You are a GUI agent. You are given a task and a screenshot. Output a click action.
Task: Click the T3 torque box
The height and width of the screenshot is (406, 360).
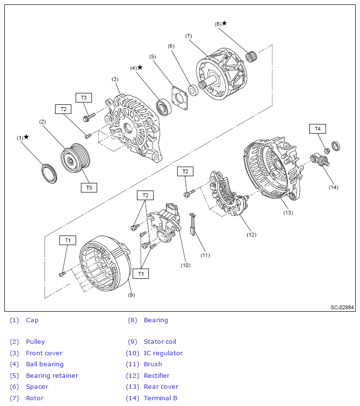83,98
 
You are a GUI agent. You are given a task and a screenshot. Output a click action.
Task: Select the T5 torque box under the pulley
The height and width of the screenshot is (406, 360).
89,188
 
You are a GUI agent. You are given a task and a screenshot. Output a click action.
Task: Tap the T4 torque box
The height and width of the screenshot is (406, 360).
317,128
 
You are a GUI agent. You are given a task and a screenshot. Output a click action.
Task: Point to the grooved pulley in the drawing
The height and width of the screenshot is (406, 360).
75,158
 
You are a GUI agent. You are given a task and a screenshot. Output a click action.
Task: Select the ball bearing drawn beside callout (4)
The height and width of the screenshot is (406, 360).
164,107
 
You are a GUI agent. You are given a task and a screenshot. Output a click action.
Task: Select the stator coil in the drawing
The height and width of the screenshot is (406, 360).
105,263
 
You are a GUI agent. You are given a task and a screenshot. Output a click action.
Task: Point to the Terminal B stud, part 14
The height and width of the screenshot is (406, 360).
320,160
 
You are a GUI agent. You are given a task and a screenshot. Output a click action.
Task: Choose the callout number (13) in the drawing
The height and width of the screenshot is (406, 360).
287,212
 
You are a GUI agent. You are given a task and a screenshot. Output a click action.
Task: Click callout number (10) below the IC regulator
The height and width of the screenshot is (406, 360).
185,265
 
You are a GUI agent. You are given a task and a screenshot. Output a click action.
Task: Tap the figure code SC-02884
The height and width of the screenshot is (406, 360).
342,307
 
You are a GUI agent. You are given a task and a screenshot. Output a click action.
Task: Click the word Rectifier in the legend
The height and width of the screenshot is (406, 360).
157,375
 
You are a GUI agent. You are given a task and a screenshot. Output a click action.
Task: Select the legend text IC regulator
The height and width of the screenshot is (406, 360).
163,353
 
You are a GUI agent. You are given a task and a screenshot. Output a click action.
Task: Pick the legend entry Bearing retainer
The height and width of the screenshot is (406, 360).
52,375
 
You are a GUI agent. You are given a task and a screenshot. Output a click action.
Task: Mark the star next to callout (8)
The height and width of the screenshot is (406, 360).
224,23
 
